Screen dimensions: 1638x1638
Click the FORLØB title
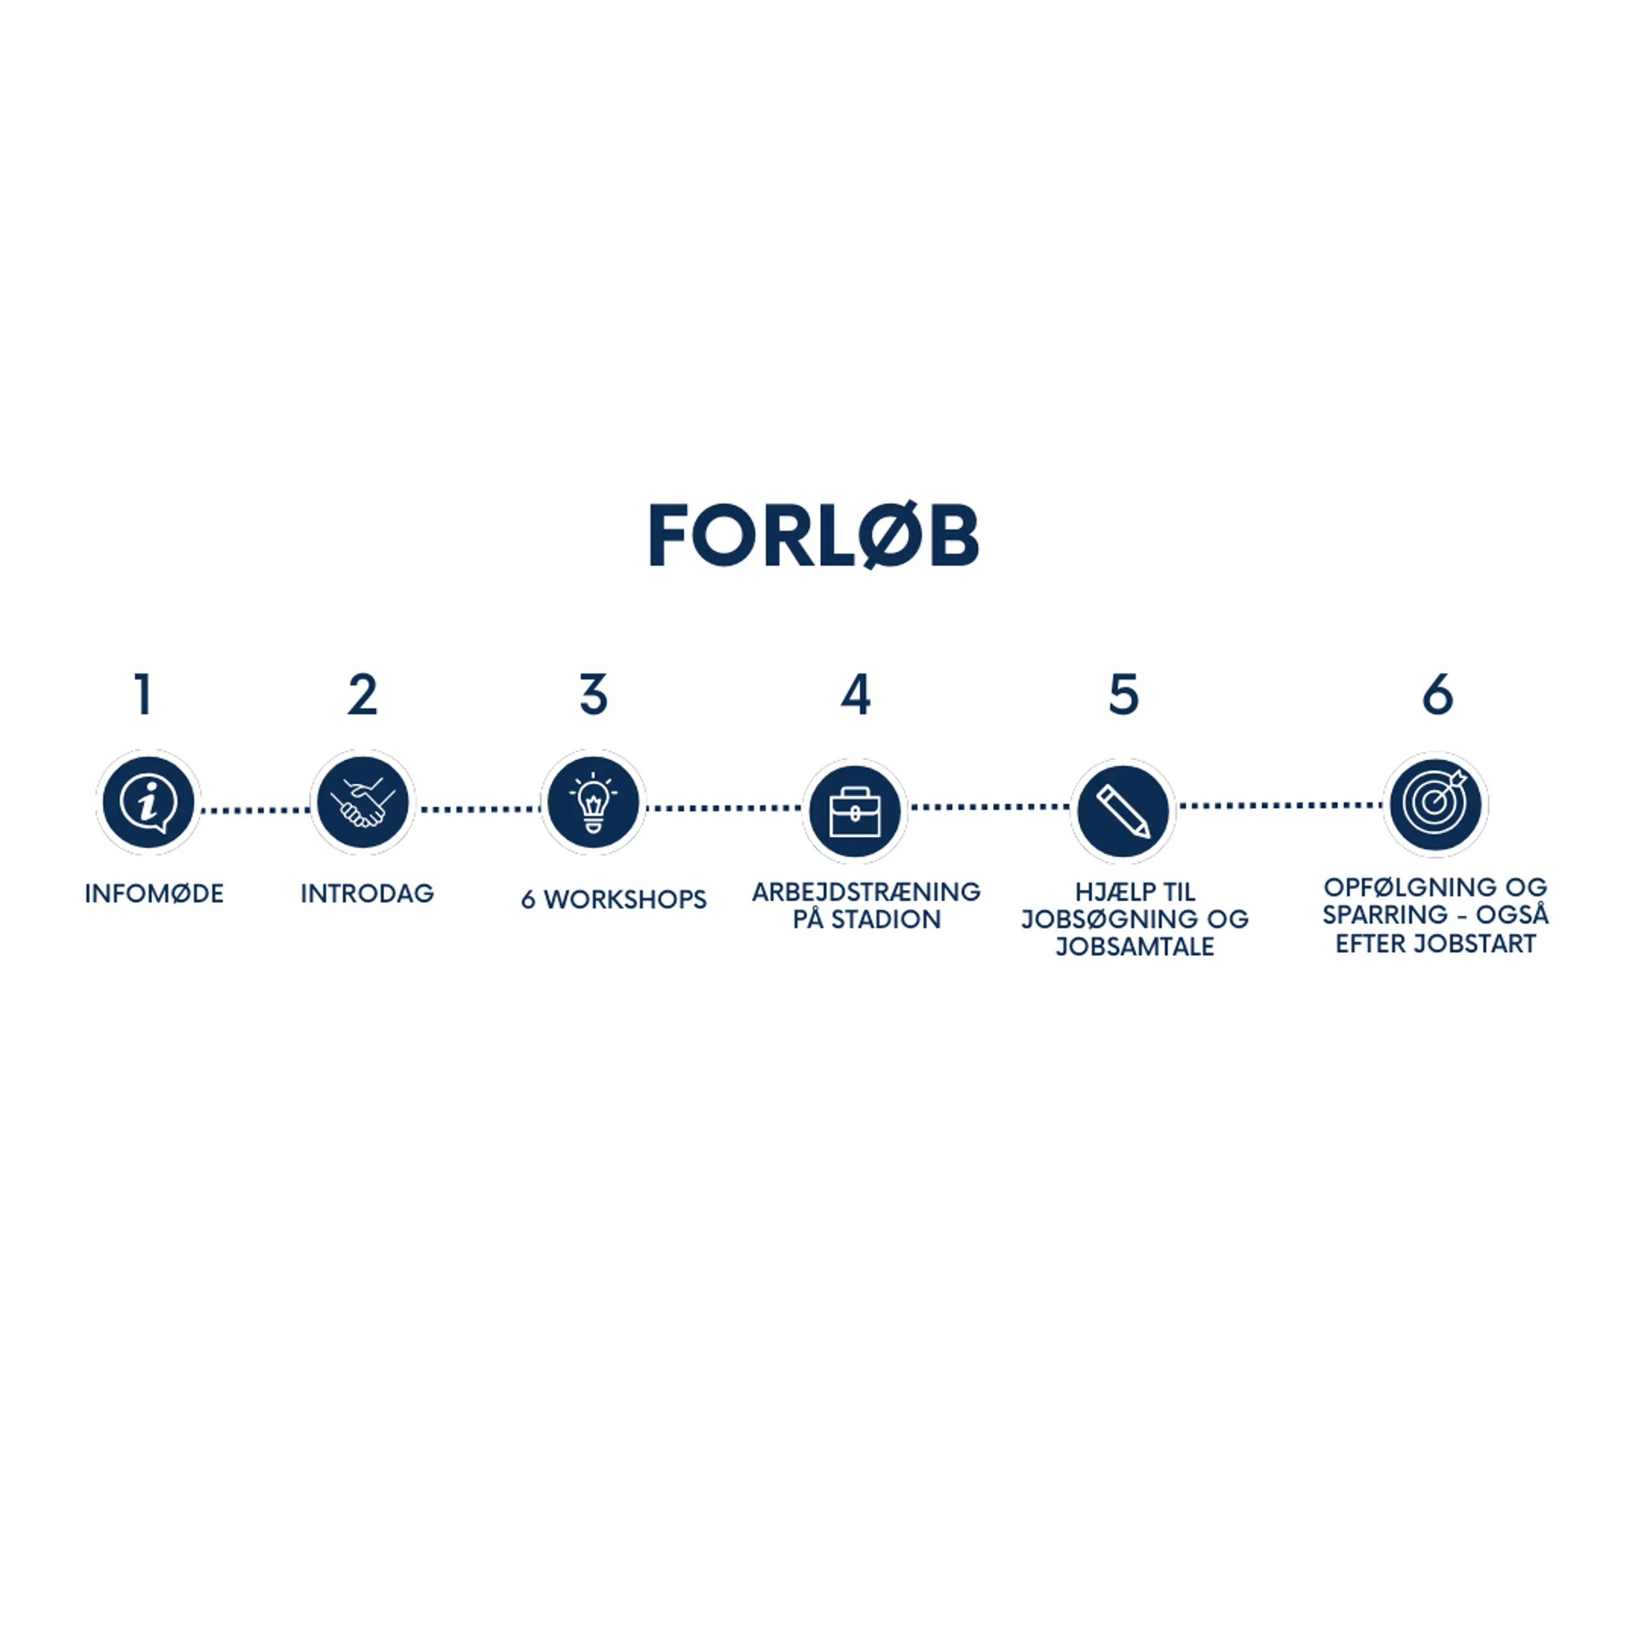(x=814, y=535)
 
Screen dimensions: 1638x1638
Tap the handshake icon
(x=363, y=802)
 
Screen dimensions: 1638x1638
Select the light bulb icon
(x=594, y=802)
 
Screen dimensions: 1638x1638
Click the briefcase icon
(x=855, y=811)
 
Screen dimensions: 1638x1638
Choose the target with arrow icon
(x=1435, y=803)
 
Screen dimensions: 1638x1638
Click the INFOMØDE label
(x=154, y=894)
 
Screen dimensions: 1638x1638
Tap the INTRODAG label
(x=367, y=894)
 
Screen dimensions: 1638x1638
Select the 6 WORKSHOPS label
(x=614, y=900)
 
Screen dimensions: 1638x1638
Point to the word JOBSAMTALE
(x=1134, y=947)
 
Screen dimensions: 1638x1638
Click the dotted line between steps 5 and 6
(x=1280, y=806)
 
